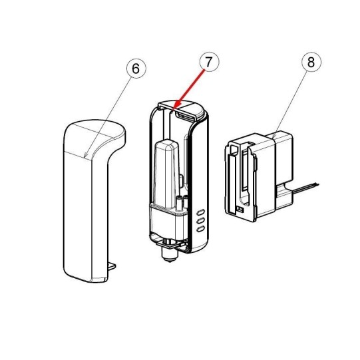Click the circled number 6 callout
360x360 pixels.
(x=136, y=69)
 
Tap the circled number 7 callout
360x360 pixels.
(x=209, y=62)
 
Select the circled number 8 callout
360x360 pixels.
(x=311, y=63)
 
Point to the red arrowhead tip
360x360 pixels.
(x=174, y=110)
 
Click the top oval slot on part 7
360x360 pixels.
(x=201, y=212)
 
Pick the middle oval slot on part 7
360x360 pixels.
(x=201, y=220)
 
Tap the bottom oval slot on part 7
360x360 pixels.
(x=201, y=229)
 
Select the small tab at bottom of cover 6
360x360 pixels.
(x=112, y=266)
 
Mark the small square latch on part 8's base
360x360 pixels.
(x=240, y=209)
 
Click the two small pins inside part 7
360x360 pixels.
(x=182, y=202)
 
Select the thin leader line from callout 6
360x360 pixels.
(x=108, y=116)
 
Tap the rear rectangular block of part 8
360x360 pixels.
(x=284, y=161)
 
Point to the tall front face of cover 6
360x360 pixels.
(x=78, y=216)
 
